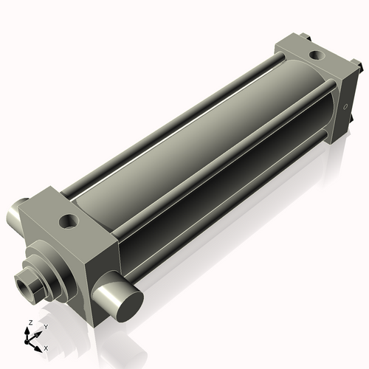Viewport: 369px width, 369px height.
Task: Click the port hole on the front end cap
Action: [x=69, y=221]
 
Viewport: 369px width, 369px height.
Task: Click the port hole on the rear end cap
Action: [x=317, y=55]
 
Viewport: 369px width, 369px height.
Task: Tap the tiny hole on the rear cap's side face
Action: [x=345, y=107]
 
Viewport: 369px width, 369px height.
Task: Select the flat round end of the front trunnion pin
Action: [x=130, y=306]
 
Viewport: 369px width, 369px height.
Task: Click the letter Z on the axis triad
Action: [x=30, y=323]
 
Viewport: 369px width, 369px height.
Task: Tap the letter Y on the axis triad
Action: [x=46, y=326]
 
